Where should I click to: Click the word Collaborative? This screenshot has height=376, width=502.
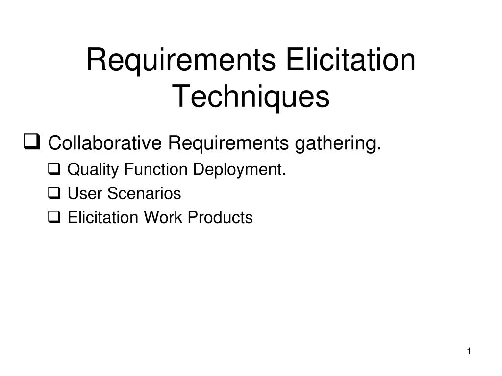coord(105,142)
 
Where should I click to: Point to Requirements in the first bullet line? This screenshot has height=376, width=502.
coord(228,143)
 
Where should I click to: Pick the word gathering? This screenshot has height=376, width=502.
coord(338,144)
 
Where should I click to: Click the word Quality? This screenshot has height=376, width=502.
coord(93,170)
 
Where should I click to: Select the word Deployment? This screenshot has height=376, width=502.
coord(239,170)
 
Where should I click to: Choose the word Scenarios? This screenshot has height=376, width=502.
coord(144,193)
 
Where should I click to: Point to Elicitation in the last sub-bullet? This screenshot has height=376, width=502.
coord(103,217)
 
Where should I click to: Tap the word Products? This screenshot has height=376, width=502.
coord(220,217)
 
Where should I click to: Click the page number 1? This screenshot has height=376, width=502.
coord(469,352)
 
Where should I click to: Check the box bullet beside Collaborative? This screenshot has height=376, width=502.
coord(32,141)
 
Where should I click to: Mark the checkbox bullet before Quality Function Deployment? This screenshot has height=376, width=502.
coord(54,169)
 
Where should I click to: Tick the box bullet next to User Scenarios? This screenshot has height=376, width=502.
coord(54,193)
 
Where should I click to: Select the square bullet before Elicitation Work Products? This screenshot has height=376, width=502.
coord(54,217)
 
